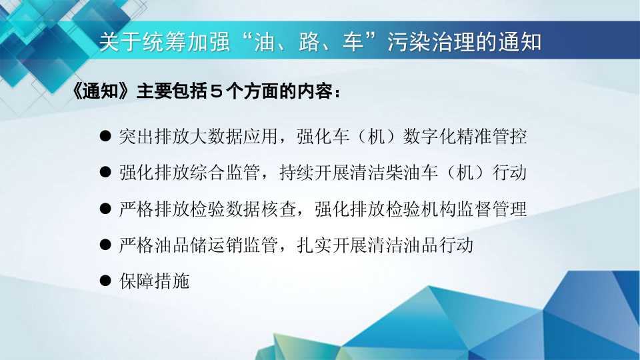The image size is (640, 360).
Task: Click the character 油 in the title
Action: [264, 42]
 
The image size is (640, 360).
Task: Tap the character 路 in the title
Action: [309, 42]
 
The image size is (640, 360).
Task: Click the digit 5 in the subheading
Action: [216, 91]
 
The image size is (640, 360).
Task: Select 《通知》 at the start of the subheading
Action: [101, 91]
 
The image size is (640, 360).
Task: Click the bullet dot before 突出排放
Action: [105, 136]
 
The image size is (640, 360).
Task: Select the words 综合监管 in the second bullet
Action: [225, 173]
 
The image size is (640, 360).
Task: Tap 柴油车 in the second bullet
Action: [412, 173]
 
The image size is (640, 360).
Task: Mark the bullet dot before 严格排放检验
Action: [105, 209]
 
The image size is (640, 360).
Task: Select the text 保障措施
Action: [154, 281]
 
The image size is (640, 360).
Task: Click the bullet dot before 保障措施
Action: [105, 281]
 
